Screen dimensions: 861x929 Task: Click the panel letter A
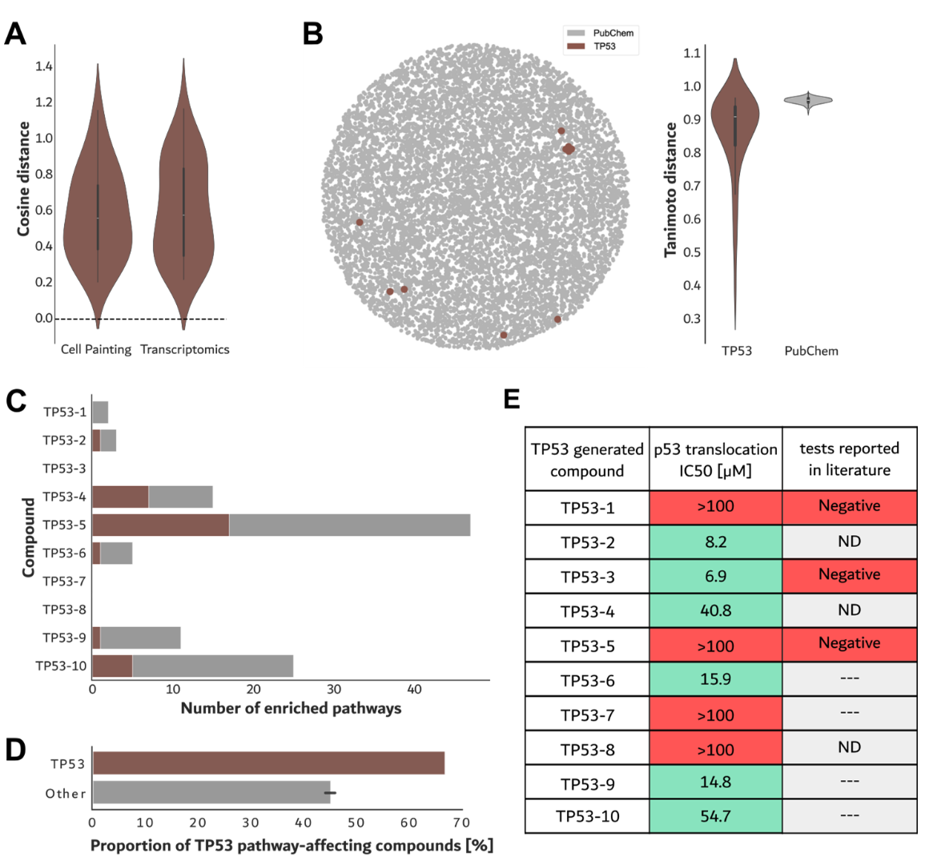(15, 34)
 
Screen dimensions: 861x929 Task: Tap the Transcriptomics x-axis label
(185, 350)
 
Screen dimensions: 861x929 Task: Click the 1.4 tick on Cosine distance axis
(44, 66)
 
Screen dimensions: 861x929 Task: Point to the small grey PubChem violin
(808, 100)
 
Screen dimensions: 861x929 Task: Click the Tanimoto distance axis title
(671, 190)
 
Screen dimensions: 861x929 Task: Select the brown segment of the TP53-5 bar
(160, 525)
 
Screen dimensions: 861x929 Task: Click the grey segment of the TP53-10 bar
(212, 666)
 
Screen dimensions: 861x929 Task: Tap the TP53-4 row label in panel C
(64, 497)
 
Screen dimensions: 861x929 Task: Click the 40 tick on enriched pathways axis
(414, 690)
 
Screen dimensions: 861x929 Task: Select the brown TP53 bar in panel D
(268, 763)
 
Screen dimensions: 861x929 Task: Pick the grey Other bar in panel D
(211, 793)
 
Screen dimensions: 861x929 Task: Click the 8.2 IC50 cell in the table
(715, 542)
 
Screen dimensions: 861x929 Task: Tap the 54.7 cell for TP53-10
(715, 817)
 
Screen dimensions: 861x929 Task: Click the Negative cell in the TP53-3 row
(849, 575)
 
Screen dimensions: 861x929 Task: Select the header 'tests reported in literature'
(849, 459)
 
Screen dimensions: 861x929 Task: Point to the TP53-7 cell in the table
(587, 714)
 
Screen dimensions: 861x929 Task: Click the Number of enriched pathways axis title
(291, 708)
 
